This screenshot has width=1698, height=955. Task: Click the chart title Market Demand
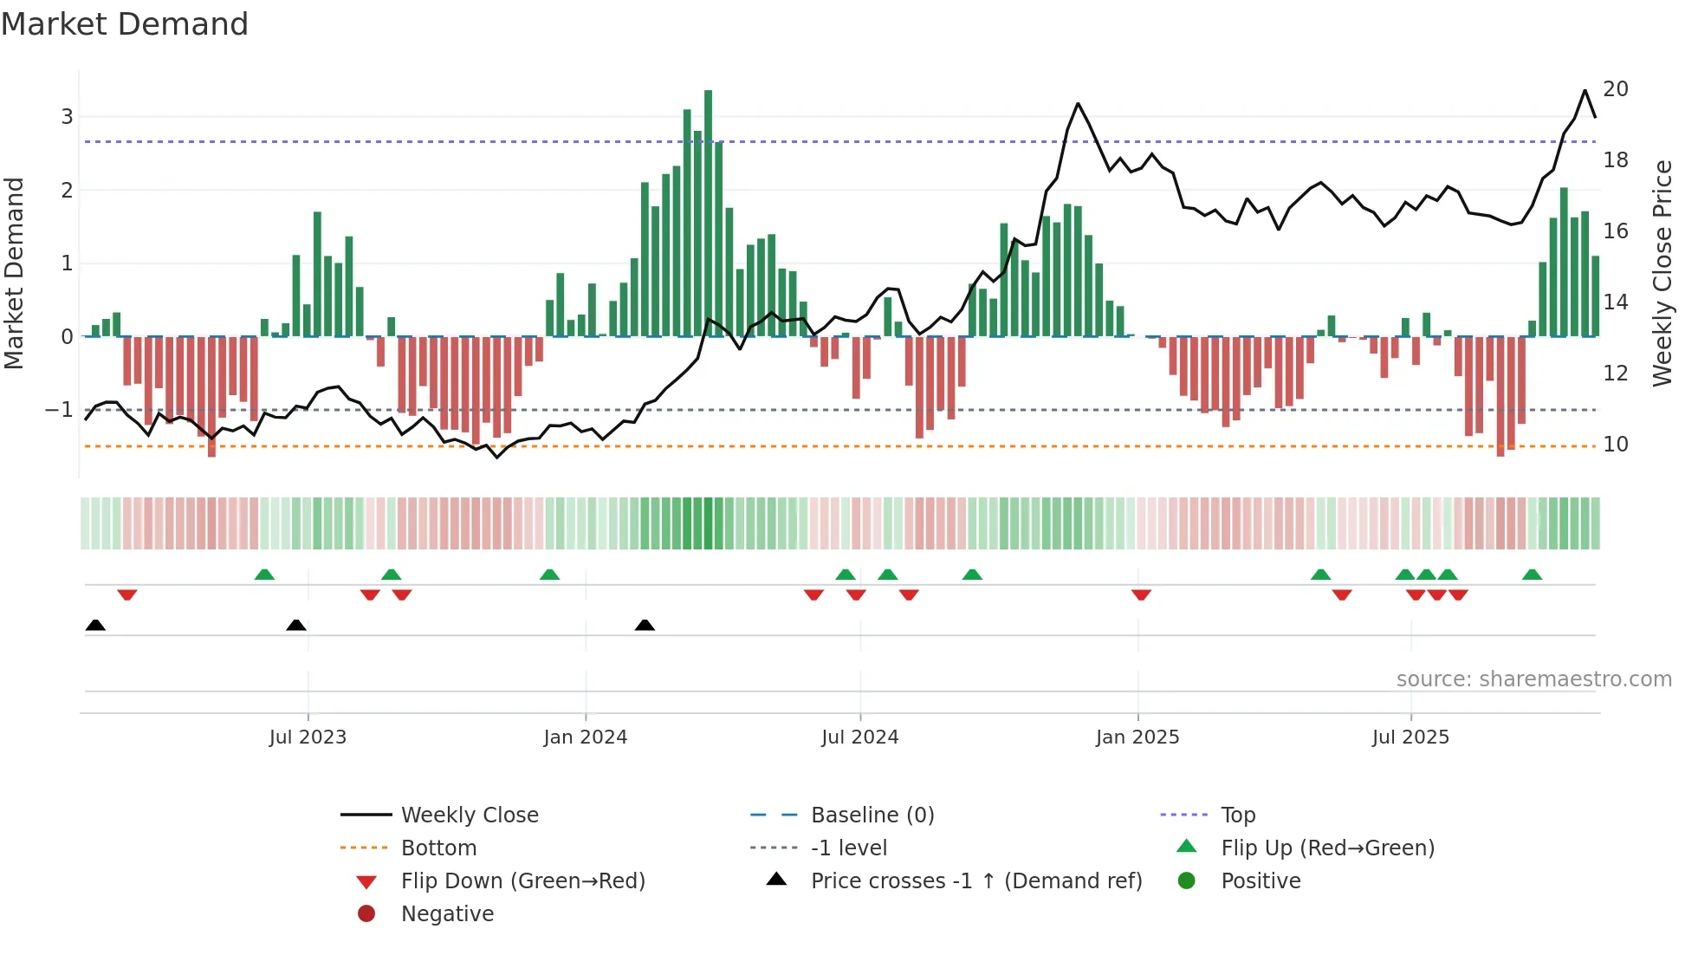[x=125, y=24]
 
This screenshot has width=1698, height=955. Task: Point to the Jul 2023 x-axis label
[x=308, y=737]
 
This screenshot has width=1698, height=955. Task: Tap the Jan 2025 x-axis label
[x=1137, y=737]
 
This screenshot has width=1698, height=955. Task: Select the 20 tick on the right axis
[x=1615, y=89]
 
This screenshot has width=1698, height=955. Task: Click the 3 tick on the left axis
[x=67, y=116]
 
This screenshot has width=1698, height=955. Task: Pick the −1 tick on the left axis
[x=60, y=409]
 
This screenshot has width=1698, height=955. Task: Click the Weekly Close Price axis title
[x=1662, y=273]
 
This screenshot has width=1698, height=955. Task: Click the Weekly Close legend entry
[x=469, y=815]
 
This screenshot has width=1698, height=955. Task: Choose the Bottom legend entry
[x=438, y=848]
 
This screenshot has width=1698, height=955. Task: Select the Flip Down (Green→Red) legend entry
[x=522, y=880]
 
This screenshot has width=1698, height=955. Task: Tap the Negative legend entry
[x=447, y=913]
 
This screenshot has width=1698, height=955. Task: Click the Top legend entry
[x=1237, y=815]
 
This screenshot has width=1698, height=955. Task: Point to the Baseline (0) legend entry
[x=872, y=815]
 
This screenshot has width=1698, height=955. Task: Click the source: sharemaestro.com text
[x=1533, y=679]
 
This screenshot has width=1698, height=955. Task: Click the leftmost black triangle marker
[x=95, y=625]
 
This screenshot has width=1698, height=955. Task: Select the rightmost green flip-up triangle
[x=1532, y=575]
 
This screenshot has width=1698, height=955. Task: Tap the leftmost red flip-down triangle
[x=127, y=594]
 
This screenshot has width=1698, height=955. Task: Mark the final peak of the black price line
[x=1585, y=90]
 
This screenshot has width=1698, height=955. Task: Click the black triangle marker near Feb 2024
[x=645, y=625]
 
